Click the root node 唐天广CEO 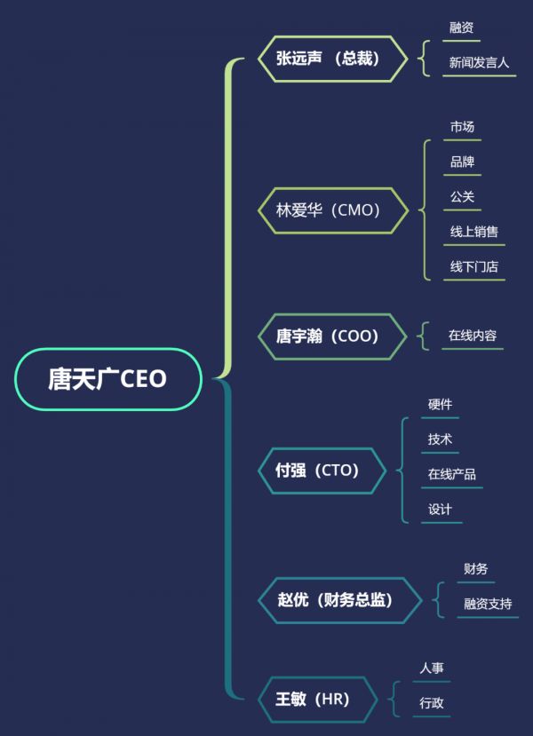point(107,379)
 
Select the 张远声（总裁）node point(328,59)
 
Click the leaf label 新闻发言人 point(479,63)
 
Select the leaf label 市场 point(462,127)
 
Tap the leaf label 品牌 point(462,162)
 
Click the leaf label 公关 point(462,197)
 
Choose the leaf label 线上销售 point(473,232)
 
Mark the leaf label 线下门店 point(473,267)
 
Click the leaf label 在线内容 point(473,336)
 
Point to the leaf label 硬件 point(440,405)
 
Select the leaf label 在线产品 point(451,474)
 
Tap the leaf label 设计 point(440,510)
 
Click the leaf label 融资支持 point(488,605)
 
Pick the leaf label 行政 point(432,703)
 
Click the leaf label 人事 point(432,669)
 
